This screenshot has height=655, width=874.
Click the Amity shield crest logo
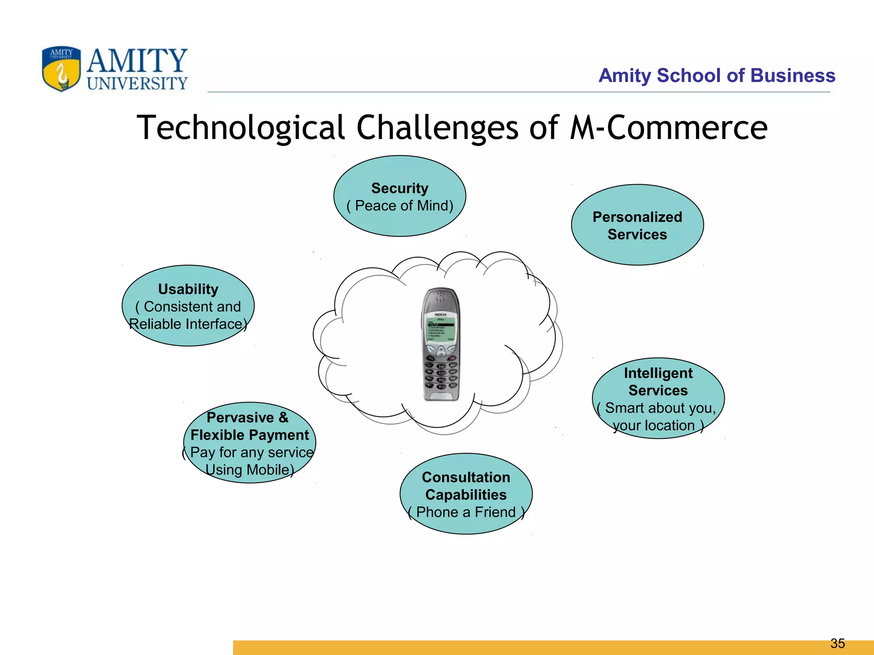[61, 69]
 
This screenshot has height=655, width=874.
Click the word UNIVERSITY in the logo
[137, 84]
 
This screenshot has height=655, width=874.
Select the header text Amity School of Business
[717, 75]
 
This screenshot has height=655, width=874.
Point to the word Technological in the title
[240, 128]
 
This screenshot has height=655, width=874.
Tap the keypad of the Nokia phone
[441, 375]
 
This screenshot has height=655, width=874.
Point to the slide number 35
[837, 643]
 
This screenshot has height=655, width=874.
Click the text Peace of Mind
[403, 206]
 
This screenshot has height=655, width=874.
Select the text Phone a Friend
[466, 512]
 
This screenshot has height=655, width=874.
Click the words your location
[654, 426]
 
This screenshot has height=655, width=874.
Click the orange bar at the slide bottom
[512, 648]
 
